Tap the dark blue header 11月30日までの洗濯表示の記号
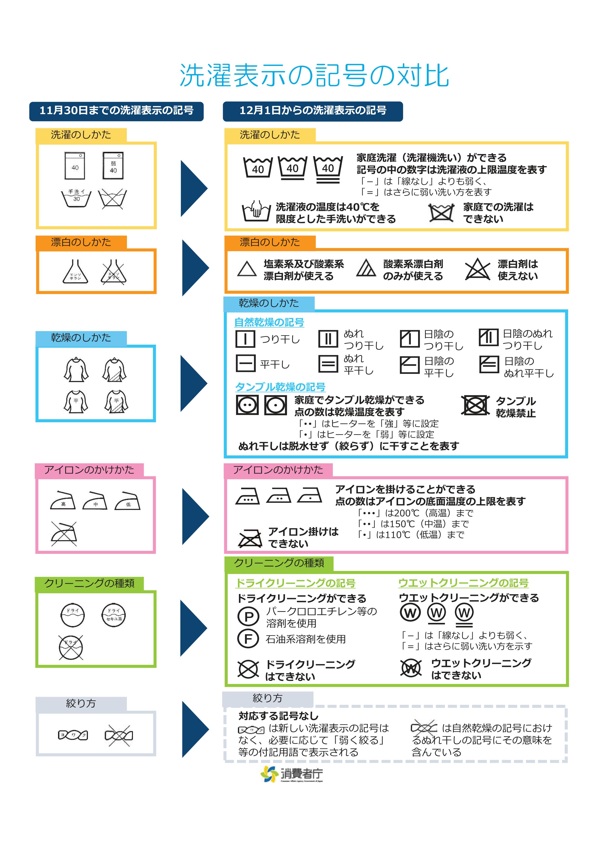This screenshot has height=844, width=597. pos(116,111)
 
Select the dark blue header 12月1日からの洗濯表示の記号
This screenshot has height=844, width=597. pos(313,111)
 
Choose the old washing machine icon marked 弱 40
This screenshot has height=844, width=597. pos(113,166)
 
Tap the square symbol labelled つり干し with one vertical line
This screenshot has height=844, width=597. pos(245,339)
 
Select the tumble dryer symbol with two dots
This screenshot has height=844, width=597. pos(247,405)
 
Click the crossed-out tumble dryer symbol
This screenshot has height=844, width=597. pos(475,405)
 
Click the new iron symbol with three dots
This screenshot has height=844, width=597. pos(248,496)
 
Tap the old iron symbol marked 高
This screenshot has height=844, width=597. pos(63,501)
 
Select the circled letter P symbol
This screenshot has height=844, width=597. pos(249,616)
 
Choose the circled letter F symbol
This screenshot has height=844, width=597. pos(249,639)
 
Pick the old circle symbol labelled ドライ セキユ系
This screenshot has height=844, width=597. pos(113,615)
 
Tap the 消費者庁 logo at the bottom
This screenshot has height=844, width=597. pos(292,774)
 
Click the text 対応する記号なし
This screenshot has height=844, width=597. pos(278,716)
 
